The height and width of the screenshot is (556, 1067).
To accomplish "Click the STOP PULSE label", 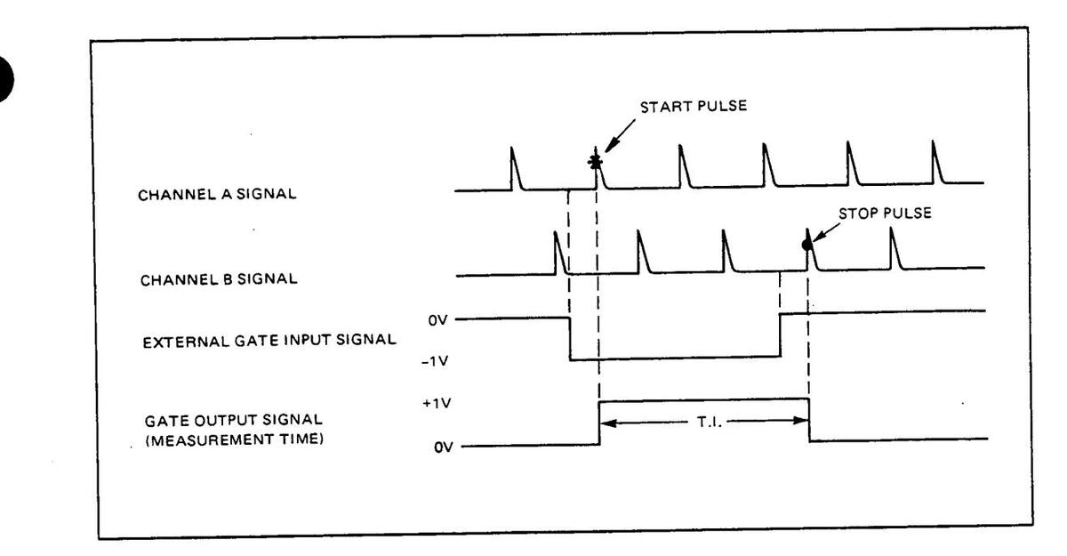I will coord(886,214).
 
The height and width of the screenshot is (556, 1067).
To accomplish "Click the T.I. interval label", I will coord(703,423).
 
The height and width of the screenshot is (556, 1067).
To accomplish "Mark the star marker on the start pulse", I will coord(595,161).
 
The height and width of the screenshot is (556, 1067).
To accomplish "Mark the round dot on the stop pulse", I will coord(806,245).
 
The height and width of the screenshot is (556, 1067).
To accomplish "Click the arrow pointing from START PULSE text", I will coord(615,138).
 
